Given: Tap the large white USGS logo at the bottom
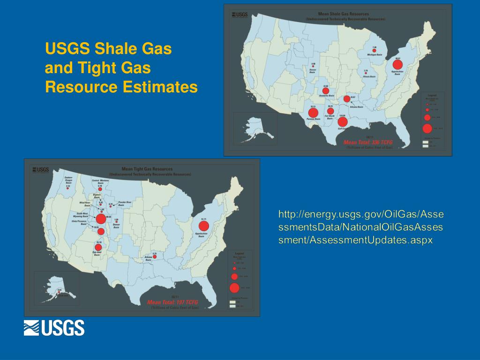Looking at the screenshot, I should click(54, 328).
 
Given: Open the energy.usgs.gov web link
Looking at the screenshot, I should click(360, 227).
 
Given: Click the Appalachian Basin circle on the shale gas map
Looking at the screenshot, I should click(397, 64).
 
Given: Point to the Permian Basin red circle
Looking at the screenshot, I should click(313, 112).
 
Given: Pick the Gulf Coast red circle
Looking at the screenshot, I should click(343, 122).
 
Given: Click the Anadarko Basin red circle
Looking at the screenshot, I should click(325, 90).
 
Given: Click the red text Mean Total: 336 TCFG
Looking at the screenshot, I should click(368, 142).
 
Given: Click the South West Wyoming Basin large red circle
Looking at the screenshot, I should click(101, 219).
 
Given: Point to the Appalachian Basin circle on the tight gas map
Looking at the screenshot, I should click(203, 226).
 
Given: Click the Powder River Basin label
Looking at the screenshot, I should click(125, 204).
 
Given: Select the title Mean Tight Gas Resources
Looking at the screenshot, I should click(147, 169).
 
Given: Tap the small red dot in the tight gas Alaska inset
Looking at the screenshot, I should click(60, 293).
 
